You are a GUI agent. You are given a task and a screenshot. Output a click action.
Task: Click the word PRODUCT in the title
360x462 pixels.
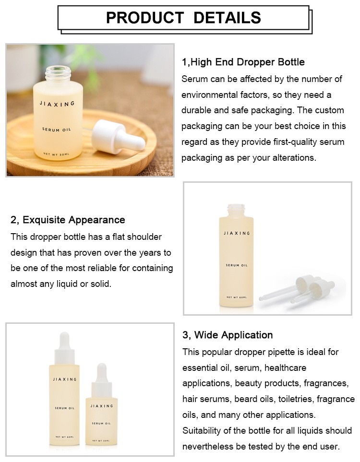click(145, 17)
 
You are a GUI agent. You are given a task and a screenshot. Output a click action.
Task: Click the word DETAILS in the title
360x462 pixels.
click(227, 17)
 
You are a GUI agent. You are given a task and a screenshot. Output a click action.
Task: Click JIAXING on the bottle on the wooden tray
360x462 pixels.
click(57, 104)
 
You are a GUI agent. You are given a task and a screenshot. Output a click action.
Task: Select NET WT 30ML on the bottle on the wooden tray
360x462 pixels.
click(56, 154)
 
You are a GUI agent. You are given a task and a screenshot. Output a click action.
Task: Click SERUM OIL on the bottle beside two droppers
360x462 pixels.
click(237, 265)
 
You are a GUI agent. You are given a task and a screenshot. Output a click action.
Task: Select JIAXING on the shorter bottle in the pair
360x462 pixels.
click(101, 406)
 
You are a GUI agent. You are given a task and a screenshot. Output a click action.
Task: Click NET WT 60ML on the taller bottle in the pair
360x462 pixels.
click(65, 437)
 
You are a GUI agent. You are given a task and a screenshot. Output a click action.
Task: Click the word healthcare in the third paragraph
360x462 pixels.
click(286, 367)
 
